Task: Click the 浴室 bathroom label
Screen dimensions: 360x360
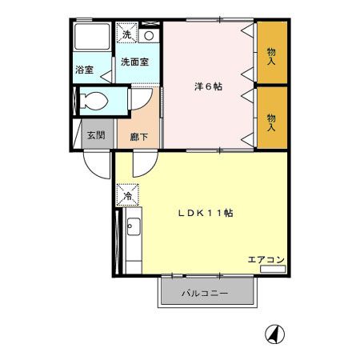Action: click(84, 70)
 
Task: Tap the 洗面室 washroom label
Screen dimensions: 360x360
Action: click(134, 62)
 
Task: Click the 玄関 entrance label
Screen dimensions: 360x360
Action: click(96, 134)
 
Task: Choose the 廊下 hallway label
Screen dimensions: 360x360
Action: click(138, 135)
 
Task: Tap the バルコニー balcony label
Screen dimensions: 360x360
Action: click(205, 293)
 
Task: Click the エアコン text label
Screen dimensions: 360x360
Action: click(266, 258)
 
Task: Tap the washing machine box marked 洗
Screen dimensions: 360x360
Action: click(126, 34)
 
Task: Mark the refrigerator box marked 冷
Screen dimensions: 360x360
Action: click(127, 194)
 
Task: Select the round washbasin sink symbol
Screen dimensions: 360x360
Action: click(149, 36)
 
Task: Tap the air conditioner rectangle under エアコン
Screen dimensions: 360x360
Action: click(273, 269)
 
